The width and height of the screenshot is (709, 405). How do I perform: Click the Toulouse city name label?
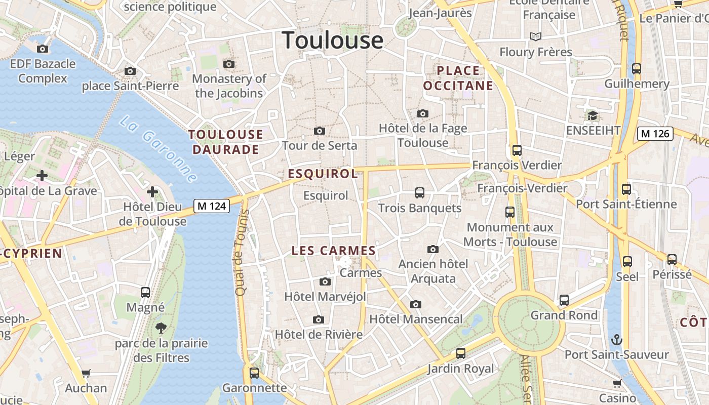point(332,40)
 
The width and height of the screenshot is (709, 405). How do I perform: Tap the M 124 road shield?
point(212,206)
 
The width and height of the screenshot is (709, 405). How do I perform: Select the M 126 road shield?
point(655,134)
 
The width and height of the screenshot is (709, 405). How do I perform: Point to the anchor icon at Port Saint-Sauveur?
point(617,340)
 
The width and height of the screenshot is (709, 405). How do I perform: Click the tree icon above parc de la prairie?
point(161,328)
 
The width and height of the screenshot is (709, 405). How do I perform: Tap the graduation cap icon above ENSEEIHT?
point(593,116)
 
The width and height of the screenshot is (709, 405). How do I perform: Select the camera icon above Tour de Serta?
point(319,131)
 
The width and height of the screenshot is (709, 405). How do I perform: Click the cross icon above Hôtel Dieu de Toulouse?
point(152,192)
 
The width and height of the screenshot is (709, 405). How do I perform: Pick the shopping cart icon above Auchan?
point(86,374)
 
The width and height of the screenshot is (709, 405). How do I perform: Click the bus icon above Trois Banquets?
point(419,193)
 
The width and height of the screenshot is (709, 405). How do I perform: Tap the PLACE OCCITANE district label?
point(458,78)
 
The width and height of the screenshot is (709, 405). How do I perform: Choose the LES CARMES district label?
point(334,251)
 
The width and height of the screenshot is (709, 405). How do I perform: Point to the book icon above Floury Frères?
point(535,36)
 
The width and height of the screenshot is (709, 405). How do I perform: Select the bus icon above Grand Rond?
point(564,300)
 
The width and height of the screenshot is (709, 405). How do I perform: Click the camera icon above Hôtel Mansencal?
point(416,304)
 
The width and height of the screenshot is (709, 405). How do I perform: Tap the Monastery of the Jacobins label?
point(229,86)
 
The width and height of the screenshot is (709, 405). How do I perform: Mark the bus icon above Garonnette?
point(254,373)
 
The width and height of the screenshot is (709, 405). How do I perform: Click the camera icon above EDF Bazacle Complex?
point(43,49)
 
